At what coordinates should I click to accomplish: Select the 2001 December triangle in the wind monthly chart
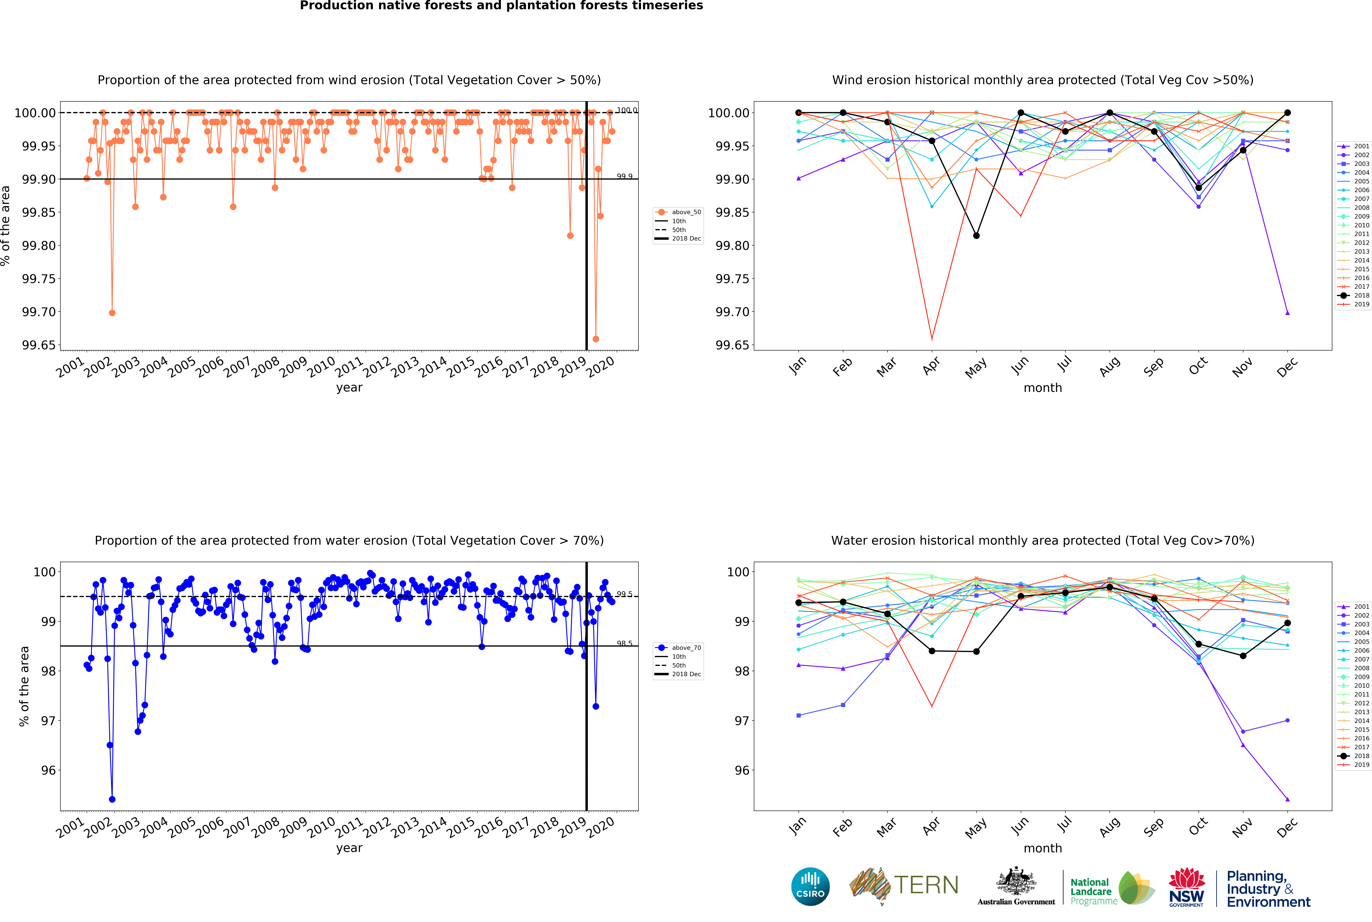pos(1287,313)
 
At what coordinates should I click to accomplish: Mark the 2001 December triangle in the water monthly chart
pos(1287,799)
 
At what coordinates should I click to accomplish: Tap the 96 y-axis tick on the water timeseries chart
pos(48,770)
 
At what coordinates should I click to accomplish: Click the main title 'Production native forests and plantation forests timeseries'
pos(501,6)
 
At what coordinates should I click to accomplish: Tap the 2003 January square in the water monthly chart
pos(798,715)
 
